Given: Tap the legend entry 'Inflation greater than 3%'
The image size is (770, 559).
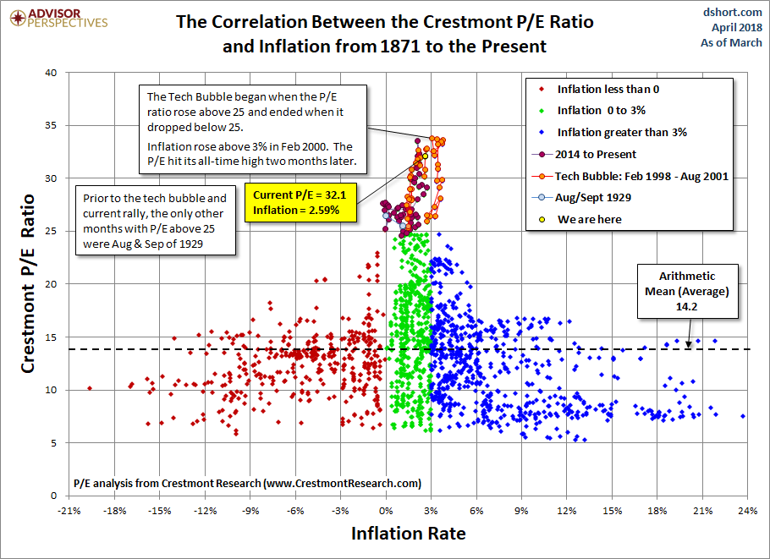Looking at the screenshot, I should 621,132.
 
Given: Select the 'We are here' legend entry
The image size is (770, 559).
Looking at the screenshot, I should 589,219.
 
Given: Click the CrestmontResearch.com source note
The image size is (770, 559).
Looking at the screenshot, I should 247,484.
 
